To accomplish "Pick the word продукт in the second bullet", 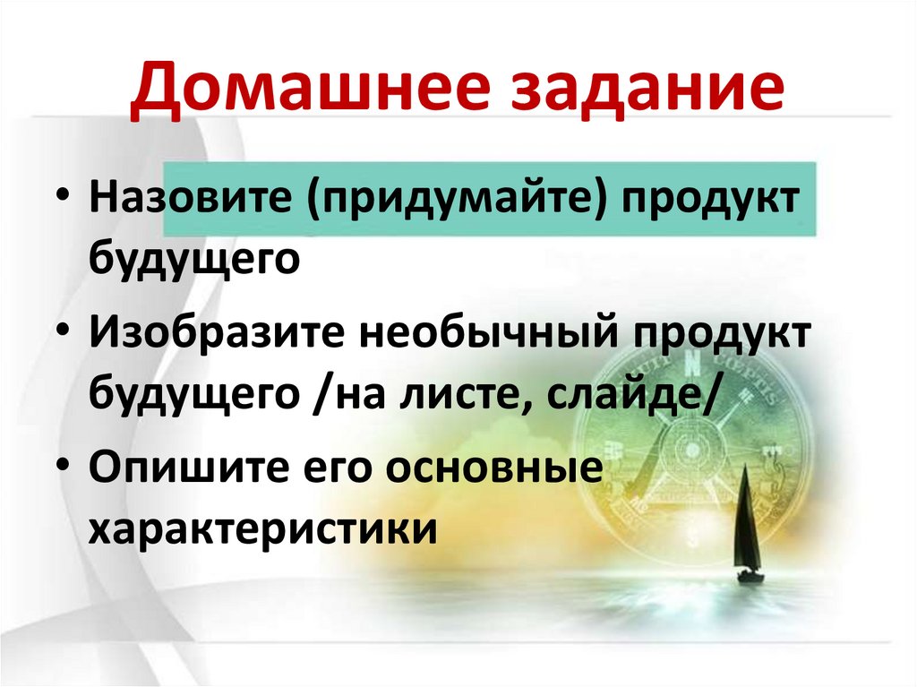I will [x=722, y=336].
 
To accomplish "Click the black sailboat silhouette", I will [x=747, y=528].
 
